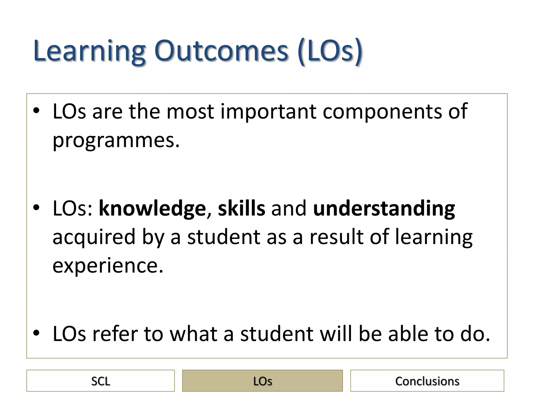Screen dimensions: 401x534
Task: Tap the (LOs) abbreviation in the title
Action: point(330,51)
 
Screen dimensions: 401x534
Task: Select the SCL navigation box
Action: point(100,381)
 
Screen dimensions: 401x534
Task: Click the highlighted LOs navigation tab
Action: point(262,381)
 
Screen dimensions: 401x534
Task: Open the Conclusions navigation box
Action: point(427,381)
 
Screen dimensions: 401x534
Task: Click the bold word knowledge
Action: point(152,209)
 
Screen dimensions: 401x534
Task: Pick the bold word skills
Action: point(241,209)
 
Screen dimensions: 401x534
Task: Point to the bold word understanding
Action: point(384,209)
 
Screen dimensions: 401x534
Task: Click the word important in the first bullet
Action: point(268,112)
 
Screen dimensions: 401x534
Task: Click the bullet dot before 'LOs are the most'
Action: point(36,111)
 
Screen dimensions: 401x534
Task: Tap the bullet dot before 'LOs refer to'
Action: point(36,333)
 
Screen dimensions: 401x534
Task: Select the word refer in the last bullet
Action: point(115,334)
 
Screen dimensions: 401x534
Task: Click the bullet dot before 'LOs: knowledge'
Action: point(36,208)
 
